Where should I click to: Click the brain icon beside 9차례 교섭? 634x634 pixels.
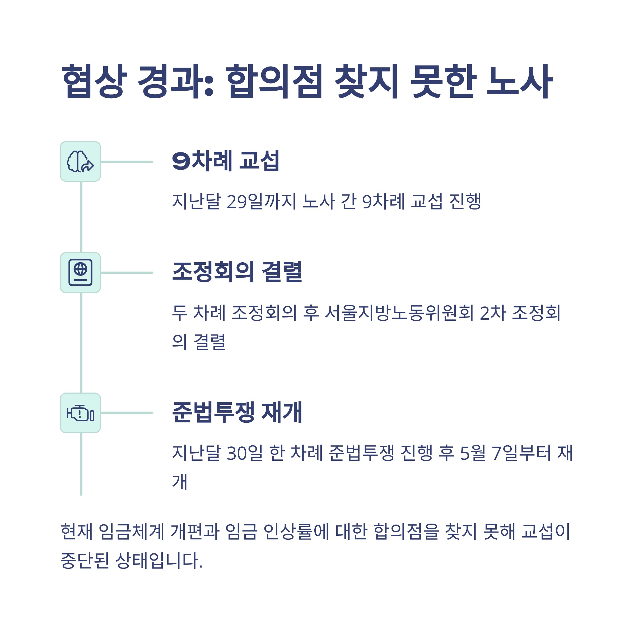tap(80, 161)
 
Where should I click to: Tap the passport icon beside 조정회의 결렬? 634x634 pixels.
tap(80, 272)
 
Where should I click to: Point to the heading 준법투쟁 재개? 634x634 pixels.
tap(237, 412)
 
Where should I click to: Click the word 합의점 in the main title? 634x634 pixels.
tap(274, 81)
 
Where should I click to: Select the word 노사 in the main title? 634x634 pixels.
tap(520, 81)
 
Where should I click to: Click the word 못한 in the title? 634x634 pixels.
tap(443, 81)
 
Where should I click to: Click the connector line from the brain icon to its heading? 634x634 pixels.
tap(127, 161)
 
